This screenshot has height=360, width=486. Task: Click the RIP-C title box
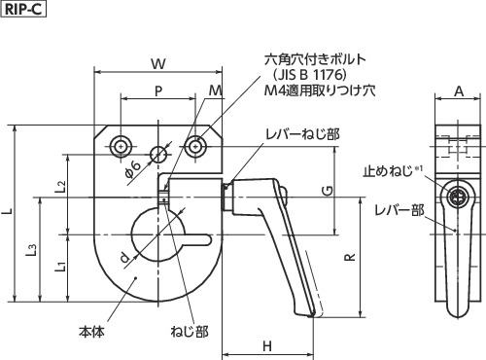(x=24, y=9)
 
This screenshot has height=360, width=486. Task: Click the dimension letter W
(x=158, y=64)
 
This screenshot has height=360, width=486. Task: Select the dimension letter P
(x=158, y=91)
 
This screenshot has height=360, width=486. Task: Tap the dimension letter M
(x=216, y=90)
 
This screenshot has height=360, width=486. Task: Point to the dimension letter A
(x=459, y=91)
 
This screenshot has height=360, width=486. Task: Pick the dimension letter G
(x=328, y=191)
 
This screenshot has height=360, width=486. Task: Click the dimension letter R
(x=350, y=258)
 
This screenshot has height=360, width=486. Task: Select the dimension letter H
(x=267, y=346)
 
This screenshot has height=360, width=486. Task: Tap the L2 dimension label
(x=60, y=186)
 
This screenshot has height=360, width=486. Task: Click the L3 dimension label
(x=31, y=250)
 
